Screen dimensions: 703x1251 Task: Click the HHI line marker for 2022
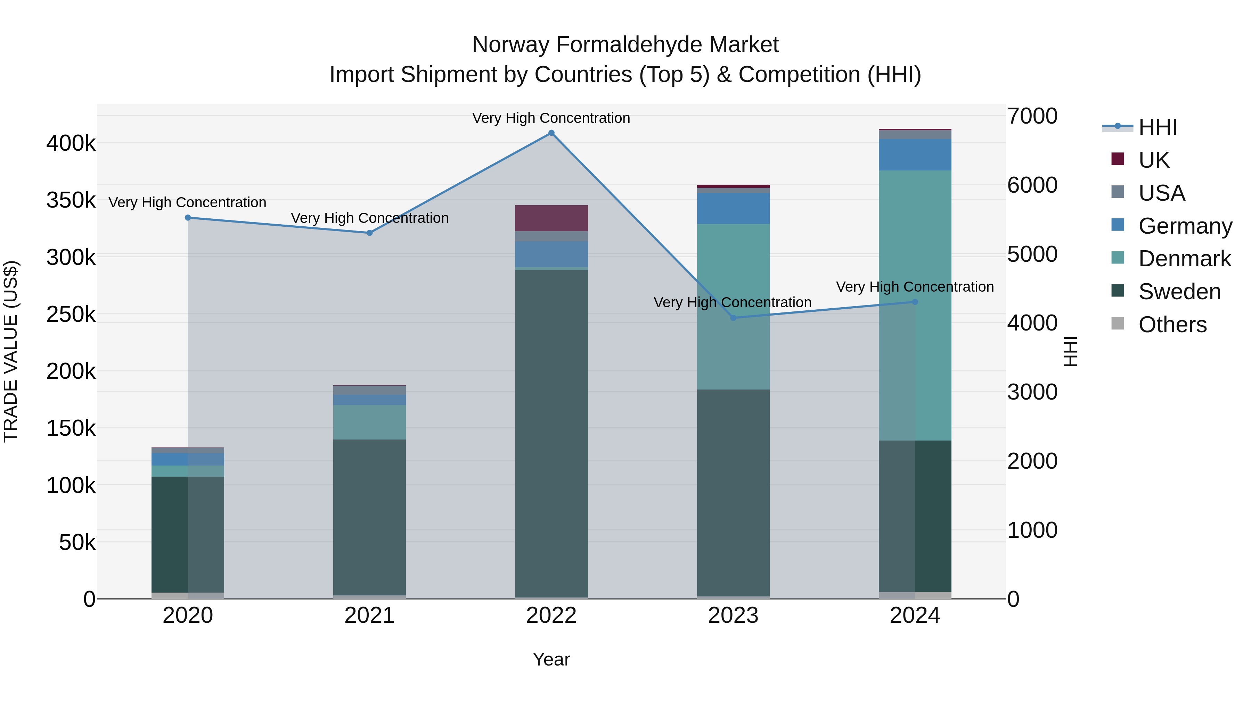pyautogui.click(x=551, y=133)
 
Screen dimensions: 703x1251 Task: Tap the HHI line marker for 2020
pyautogui.click(x=188, y=218)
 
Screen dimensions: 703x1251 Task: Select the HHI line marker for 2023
pyautogui.click(x=733, y=318)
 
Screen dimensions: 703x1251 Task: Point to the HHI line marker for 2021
pyautogui.click(x=370, y=233)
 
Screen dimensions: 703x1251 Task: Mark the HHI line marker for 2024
pyautogui.click(x=915, y=302)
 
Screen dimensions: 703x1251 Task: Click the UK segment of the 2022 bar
pyautogui.click(x=551, y=218)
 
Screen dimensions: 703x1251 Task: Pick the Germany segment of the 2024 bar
pyautogui.click(x=915, y=154)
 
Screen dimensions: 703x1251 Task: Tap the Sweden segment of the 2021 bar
pyautogui.click(x=370, y=517)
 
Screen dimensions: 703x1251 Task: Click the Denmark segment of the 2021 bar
pyautogui.click(x=370, y=422)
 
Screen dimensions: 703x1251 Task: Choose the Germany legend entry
pyautogui.click(x=1185, y=226)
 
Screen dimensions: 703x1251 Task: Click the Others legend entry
pyautogui.click(x=1172, y=325)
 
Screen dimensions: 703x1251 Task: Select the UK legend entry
pyautogui.click(x=1154, y=160)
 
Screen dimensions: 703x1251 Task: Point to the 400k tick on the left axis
pyautogui.click(x=71, y=144)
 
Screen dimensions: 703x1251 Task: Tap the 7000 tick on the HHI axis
pyautogui.click(x=1032, y=116)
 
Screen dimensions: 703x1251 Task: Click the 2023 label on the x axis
pyautogui.click(x=733, y=616)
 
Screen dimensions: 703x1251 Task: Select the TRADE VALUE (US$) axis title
pyautogui.click(x=11, y=351)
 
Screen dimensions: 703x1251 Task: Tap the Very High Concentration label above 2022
pyautogui.click(x=551, y=118)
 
